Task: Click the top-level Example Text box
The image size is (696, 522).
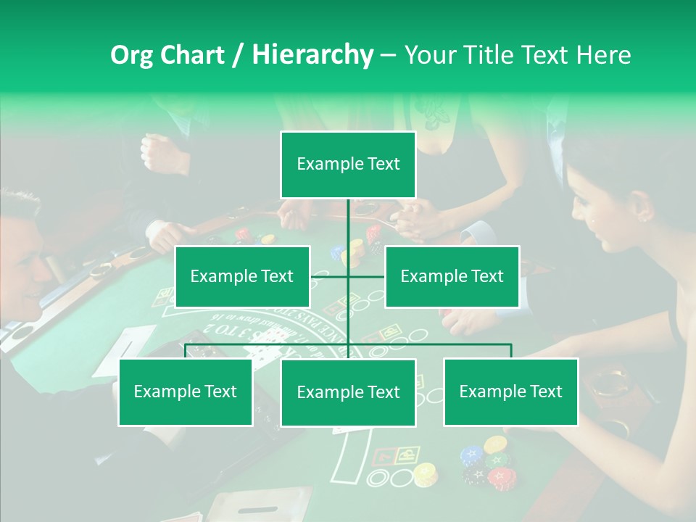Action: [348, 165]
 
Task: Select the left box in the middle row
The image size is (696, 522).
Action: [242, 276]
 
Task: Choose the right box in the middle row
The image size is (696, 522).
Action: [452, 276]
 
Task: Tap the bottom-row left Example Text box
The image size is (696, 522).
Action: [186, 391]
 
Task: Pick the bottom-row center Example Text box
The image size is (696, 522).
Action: [348, 392]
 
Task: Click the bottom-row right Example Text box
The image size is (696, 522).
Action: [510, 391]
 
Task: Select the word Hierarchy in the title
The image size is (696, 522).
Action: [312, 55]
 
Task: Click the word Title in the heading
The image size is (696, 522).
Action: [491, 55]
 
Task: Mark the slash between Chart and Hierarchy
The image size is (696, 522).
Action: [238, 55]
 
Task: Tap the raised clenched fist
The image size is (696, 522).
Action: [155, 151]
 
